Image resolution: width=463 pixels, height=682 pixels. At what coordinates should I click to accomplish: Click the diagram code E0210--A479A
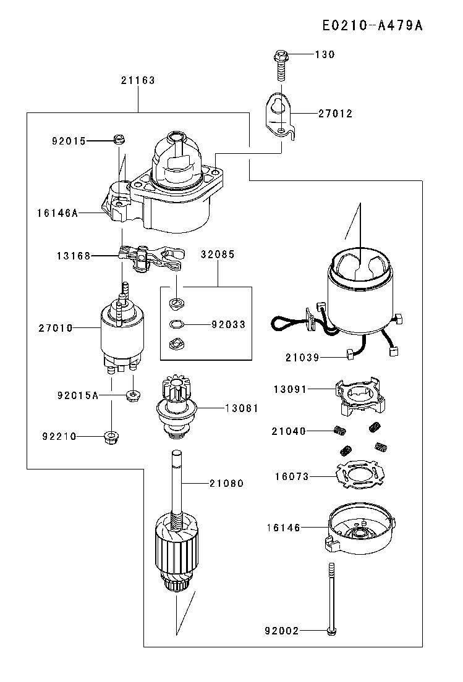point(373,26)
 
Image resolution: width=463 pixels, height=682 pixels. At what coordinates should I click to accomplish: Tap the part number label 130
point(325,54)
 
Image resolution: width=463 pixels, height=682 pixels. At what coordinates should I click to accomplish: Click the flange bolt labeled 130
point(281,65)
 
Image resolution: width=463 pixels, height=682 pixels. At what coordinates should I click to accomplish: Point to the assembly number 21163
point(138,80)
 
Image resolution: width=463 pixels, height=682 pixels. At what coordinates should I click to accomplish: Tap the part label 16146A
point(57,213)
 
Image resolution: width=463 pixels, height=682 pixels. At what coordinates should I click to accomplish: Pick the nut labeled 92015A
point(132,396)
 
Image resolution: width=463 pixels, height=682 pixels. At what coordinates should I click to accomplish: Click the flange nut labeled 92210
point(112,436)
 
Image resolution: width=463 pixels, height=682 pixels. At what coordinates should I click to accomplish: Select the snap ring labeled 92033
point(176,324)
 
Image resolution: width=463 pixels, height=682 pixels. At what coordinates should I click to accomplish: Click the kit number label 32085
point(218,255)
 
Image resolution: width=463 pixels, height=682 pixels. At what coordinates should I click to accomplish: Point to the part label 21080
point(227,483)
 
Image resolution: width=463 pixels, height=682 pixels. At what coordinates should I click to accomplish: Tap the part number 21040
point(289,431)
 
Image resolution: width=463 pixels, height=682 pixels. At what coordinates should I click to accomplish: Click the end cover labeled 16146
point(360,528)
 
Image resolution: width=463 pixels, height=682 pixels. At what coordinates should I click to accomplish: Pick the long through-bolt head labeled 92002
point(331,630)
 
